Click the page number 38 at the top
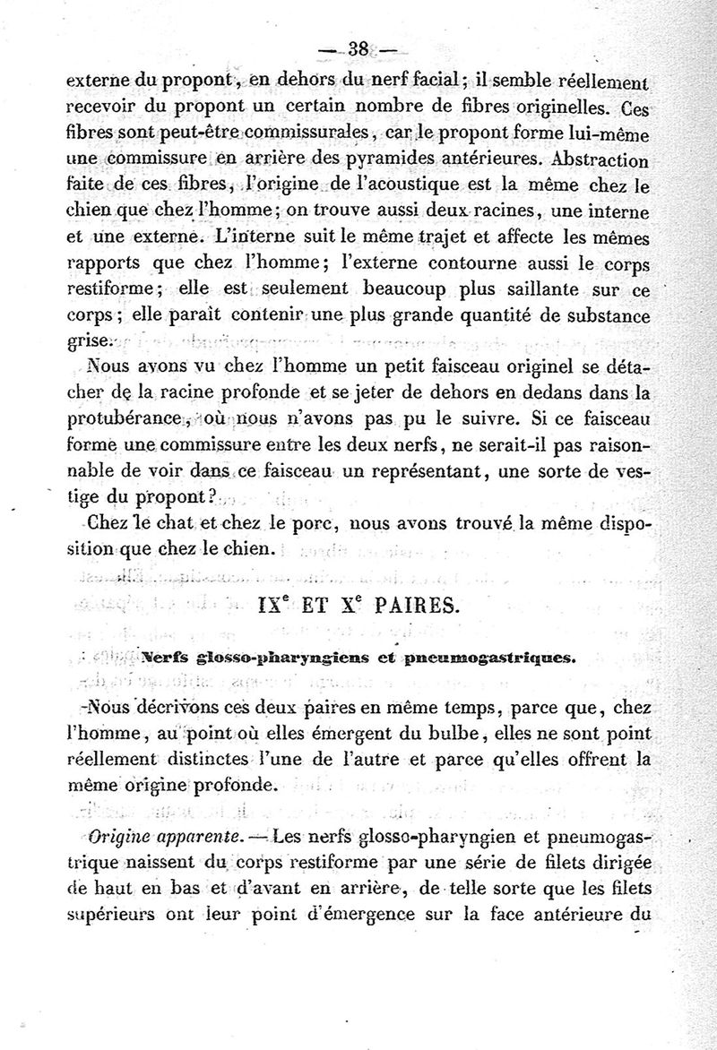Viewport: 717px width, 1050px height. pyautogui.click(x=359, y=50)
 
